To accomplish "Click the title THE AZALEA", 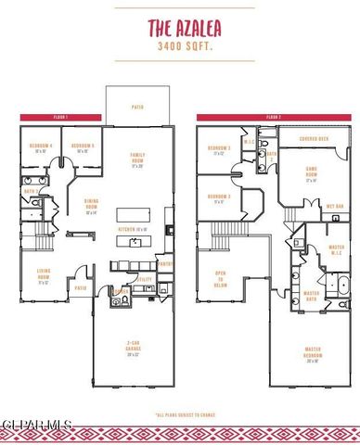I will (179, 28).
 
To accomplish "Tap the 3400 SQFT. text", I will (179, 44).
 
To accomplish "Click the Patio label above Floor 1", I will (137, 108).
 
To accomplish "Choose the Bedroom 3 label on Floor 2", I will (219, 150).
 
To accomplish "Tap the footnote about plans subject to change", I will (179, 414).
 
